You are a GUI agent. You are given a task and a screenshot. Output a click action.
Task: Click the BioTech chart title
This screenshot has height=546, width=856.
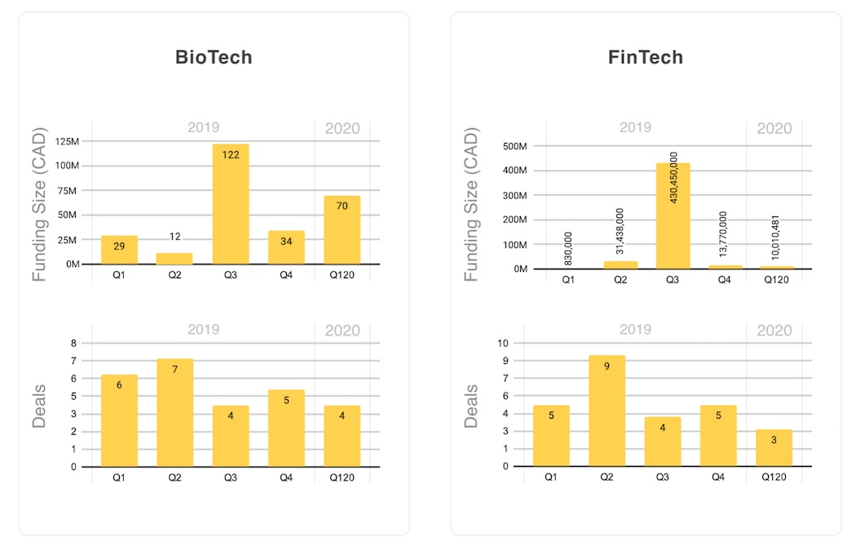coord(214,57)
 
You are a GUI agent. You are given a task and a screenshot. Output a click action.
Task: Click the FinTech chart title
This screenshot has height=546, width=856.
coord(645,57)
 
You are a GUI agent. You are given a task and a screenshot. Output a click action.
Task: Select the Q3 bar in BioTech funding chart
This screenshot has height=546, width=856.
coord(231,204)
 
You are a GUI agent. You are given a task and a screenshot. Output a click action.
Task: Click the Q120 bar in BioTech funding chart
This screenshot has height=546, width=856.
coord(342,230)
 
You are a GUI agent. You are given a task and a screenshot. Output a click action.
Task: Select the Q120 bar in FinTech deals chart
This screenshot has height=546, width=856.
coord(774,447)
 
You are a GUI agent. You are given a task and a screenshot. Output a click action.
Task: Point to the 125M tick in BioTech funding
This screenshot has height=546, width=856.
coord(67,141)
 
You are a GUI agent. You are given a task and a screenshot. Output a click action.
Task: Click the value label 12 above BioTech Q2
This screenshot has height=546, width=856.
coord(175,237)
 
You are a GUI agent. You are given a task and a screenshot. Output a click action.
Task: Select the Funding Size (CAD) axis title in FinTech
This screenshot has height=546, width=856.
coord(470,204)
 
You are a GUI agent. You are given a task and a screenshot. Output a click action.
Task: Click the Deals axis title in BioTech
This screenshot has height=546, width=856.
coord(39,406)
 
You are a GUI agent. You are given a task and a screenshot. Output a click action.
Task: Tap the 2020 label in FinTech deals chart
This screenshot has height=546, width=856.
coord(774,331)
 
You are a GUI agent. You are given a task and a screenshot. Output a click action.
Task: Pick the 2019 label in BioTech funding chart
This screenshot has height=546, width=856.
coord(203,127)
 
